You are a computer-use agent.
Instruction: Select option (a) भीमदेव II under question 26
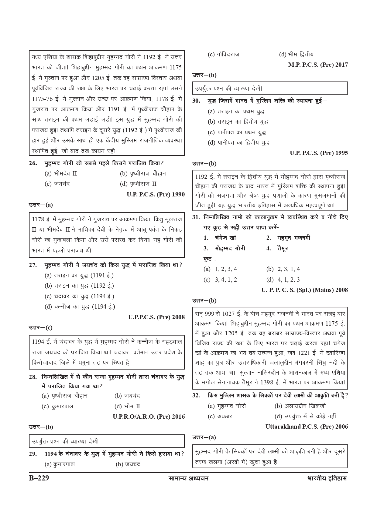coord(61,174)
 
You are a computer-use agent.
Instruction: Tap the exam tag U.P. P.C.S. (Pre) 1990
coord(156,194)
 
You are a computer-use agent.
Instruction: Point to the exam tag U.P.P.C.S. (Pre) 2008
coord(156,317)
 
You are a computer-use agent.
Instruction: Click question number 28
coord(33,377)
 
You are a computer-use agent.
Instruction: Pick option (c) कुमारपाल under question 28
coord(57,406)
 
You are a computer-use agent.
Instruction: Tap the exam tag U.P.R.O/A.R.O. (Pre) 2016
coord(149,417)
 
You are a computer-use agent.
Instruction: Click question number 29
coord(33,454)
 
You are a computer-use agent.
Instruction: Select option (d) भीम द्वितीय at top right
coord(296,55)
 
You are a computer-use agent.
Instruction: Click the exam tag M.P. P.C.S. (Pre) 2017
coord(318,65)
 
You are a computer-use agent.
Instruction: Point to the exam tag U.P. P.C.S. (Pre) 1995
coord(319,153)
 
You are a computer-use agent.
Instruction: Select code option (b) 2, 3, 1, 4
coord(283,269)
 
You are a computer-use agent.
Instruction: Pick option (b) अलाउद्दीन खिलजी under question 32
coord(300,406)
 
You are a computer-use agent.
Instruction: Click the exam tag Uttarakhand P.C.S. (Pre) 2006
coord(307,427)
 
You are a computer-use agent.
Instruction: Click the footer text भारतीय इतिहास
coord(327,479)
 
